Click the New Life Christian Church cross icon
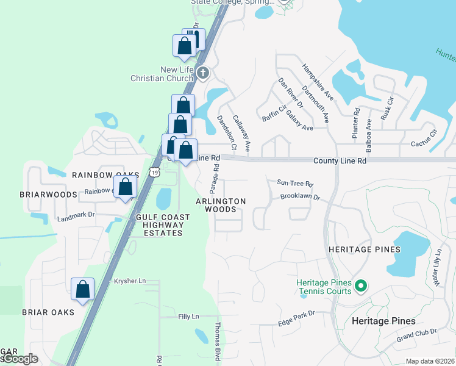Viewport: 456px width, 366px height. [x=202, y=73]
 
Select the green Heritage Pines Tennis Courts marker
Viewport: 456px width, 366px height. [x=360, y=285]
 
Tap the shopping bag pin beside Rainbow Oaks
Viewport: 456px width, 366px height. [x=125, y=188]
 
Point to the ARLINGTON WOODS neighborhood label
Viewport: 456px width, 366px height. [x=221, y=206]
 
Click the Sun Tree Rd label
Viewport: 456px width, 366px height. [x=294, y=183]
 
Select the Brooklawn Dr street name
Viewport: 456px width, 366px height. [x=300, y=198]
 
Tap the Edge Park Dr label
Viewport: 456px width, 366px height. [x=296, y=314]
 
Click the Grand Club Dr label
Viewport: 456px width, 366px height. [x=416, y=332]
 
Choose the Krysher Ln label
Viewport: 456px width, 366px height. [x=130, y=281]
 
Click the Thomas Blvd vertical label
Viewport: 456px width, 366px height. [x=216, y=342]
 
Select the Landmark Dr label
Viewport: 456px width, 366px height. [x=76, y=215]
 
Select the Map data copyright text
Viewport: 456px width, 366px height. [x=429, y=361]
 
